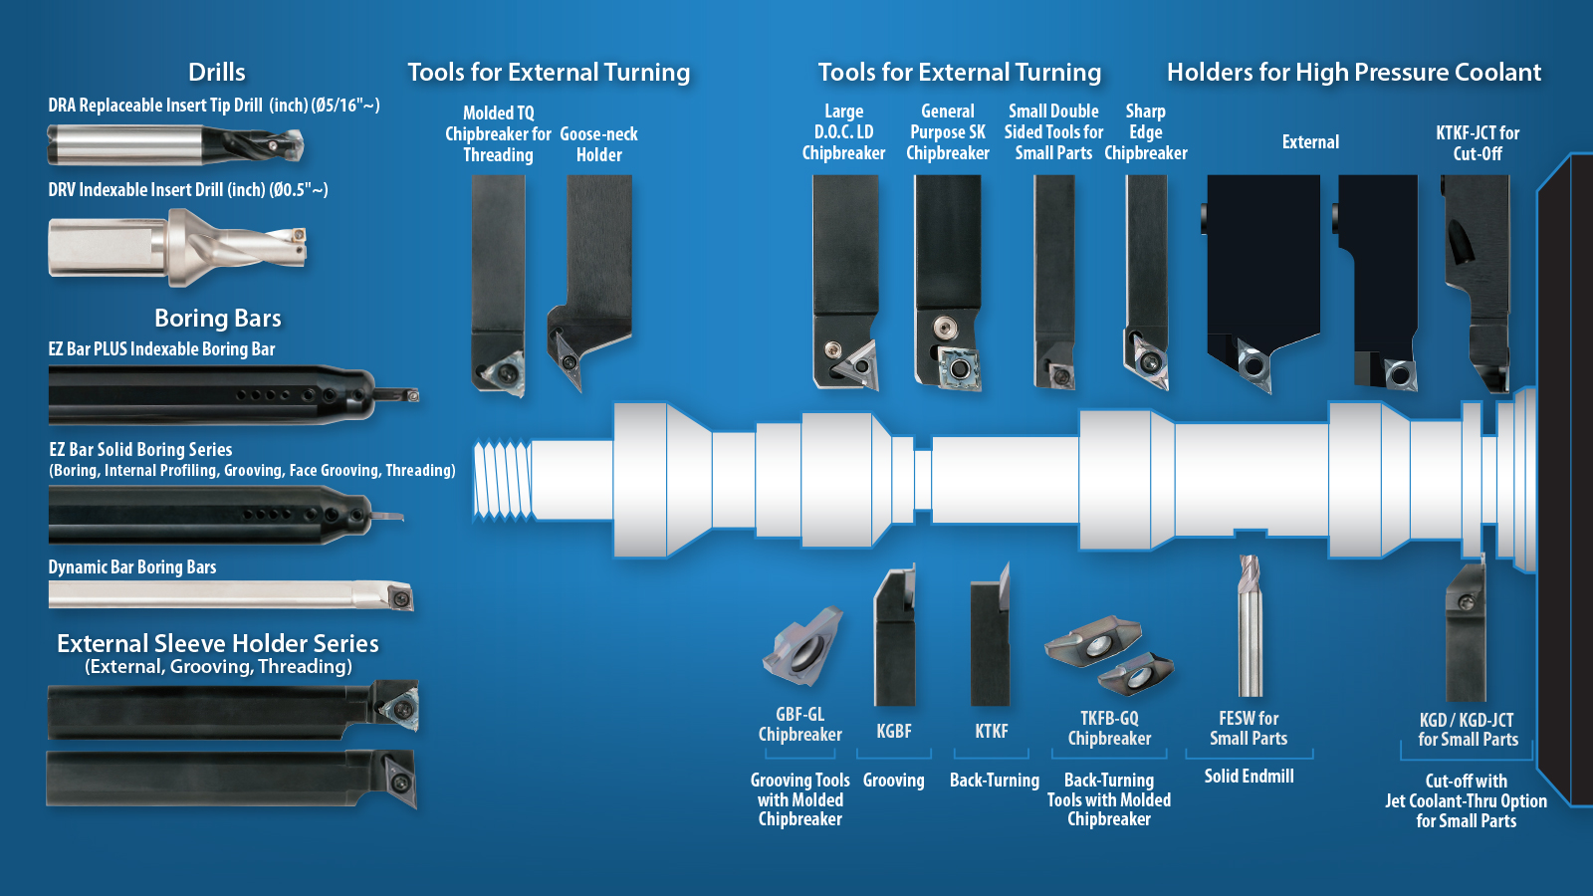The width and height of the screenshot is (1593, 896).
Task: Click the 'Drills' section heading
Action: (216, 72)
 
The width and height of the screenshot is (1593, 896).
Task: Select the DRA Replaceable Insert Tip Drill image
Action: (174, 145)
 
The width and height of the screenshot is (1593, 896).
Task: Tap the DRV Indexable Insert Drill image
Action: (177, 246)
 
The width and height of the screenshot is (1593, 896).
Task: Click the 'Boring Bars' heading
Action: (217, 318)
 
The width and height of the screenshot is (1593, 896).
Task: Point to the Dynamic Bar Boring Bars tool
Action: (230, 595)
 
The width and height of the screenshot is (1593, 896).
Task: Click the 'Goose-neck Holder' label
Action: (598, 144)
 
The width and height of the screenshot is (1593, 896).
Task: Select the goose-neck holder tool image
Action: (592, 279)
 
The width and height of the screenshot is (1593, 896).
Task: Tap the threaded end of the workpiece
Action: (502, 480)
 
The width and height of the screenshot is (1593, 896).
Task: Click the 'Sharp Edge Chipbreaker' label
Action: (1145, 132)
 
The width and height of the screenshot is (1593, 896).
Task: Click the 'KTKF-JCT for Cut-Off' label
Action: (1478, 142)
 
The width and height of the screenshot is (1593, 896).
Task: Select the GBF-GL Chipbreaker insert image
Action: (802, 647)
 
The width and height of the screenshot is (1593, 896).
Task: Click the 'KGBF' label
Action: (893, 731)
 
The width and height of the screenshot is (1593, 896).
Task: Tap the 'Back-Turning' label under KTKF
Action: (994, 781)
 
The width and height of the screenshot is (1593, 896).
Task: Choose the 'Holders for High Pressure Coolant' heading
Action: (1353, 72)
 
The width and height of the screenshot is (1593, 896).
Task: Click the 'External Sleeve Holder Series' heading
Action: (217, 643)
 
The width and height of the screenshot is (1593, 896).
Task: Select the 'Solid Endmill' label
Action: (1249, 776)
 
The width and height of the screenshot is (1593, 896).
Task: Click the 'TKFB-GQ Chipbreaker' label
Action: (1109, 728)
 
